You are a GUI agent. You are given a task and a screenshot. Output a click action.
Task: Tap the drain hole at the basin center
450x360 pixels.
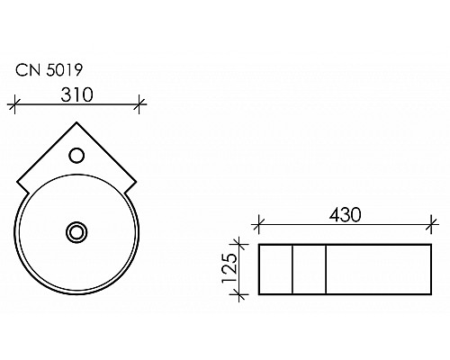tap(77, 232)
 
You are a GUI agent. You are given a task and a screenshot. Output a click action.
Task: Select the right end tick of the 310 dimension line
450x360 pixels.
tap(139, 104)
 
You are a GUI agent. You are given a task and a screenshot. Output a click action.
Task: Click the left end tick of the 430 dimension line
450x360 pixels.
tap(259, 226)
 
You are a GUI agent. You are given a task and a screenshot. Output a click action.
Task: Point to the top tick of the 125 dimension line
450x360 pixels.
tap(239, 243)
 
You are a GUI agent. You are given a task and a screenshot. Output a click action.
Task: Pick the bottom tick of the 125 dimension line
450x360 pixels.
tap(239, 292)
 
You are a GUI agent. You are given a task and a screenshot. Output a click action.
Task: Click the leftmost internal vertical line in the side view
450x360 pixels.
tap(293, 268)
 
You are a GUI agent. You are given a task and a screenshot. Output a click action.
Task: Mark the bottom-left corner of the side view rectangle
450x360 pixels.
tap(259, 292)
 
